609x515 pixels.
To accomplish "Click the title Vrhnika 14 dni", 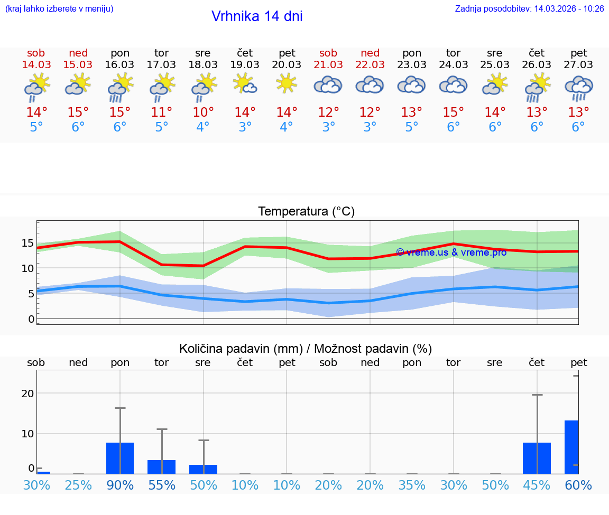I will [257, 16].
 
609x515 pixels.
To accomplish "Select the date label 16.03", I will [120, 64].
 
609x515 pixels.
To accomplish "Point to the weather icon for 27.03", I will [579, 88].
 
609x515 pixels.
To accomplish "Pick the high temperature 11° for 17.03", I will [162, 112].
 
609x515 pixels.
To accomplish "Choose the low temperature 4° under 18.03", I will [203, 127].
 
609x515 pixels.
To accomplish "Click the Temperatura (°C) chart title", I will [306, 212].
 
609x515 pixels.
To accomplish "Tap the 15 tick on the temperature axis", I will [27, 244].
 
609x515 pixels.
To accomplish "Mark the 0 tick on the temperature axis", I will [31, 319].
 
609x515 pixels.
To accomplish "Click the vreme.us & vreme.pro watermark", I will [451, 252].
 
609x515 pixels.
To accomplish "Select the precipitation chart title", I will [306, 349].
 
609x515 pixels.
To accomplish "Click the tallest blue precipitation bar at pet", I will [571, 447].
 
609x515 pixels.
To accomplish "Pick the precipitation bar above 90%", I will [120, 458].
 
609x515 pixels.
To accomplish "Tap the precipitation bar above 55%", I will [161, 467].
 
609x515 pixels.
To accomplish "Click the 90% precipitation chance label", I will [120, 485].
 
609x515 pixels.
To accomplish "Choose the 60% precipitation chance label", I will [578, 485].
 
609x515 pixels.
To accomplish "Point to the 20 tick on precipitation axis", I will [27, 394].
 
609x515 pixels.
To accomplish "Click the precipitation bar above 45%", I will [537, 458].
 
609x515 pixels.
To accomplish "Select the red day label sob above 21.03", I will [328, 53].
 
